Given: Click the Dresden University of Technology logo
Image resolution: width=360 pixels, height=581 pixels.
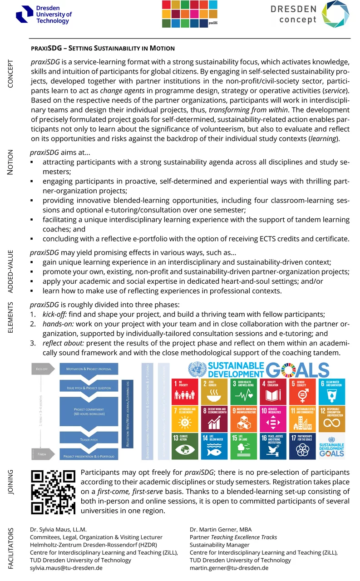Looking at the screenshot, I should click(44, 15).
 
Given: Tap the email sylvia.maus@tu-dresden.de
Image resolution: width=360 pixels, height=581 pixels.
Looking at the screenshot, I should click(66, 567).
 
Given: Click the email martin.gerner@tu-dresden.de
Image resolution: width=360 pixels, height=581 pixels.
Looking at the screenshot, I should click(229, 567).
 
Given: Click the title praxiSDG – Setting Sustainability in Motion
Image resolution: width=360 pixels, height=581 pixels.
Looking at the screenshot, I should click(102, 48).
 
